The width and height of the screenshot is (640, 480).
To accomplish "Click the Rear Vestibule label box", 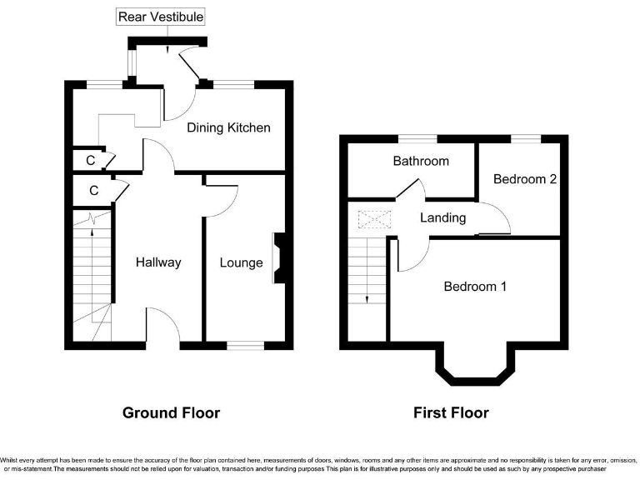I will tap(161, 17).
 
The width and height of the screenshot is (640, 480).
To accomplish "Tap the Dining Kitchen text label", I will tap(228, 127).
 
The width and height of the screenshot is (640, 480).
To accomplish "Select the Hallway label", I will tap(158, 262).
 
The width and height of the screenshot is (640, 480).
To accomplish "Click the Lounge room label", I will tap(241, 262).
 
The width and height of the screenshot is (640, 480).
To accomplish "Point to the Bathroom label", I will tap(421, 161).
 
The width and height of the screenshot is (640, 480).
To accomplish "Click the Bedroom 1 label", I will tap(475, 287).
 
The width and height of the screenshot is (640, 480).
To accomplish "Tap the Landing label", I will tap(442, 218).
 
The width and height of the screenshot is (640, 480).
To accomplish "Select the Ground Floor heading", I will tap(171, 412).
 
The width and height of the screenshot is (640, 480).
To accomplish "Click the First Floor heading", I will tap(451, 412).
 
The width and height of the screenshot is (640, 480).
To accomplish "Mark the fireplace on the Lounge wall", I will tap(278, 260).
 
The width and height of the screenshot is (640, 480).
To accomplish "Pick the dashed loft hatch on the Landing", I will tap(373, 220).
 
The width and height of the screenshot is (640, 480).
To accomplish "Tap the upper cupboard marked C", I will tap(90, 159).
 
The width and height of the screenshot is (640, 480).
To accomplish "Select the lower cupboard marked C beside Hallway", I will tap(93, 191).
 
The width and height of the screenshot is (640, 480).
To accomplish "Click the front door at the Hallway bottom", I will tap(163, 329).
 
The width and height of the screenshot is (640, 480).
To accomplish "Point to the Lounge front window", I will tap(244, 344).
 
